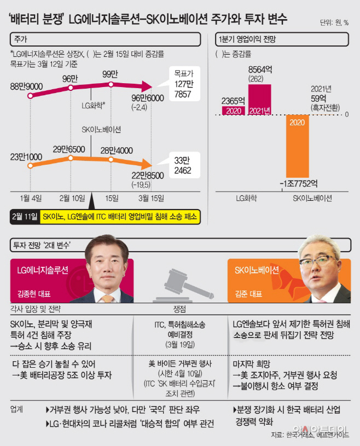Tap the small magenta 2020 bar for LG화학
[x=234, y=111]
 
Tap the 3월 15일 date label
[x=150, y=198]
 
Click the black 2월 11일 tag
[x=25, y=216]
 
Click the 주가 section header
[x=21, y=40]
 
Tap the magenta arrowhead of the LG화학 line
[x=144, y=85]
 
